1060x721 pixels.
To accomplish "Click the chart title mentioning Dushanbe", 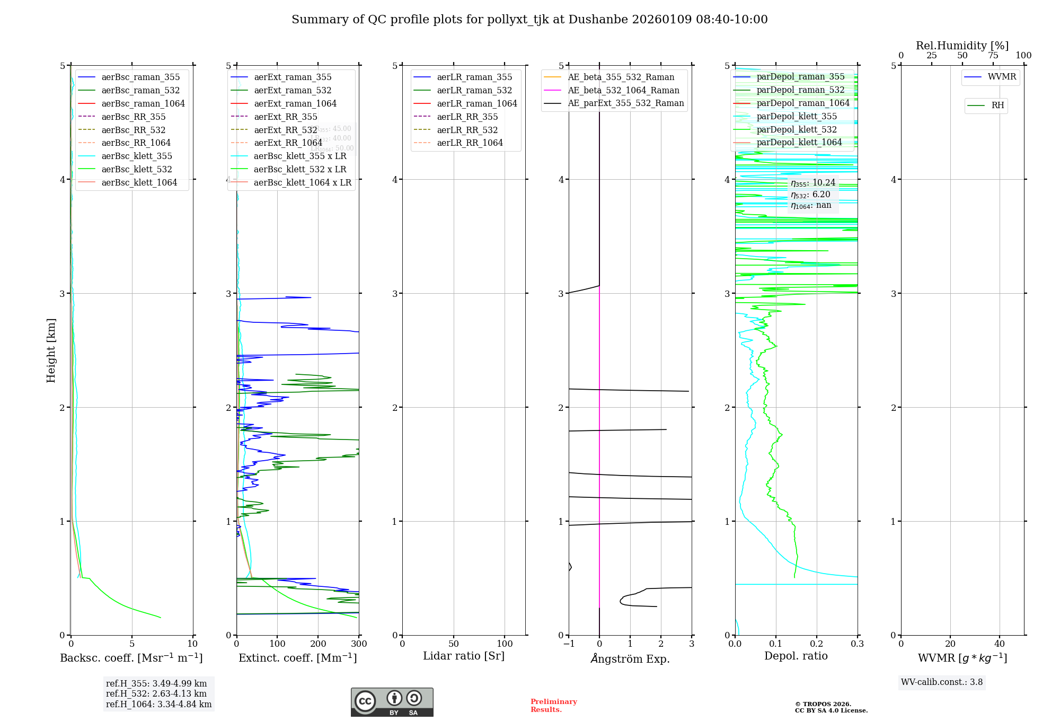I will pyautogui.click(x=529, y=20).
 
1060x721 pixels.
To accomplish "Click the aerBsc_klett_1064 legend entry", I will pyautogui.click(x=139, y=182).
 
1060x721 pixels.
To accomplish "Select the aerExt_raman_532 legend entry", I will pyautogui.click(x=293, y=90).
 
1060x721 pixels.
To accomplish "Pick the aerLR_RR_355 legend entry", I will pyautogui.click(x=467, y=117).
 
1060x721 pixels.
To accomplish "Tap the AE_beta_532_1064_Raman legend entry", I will pyautogui.click(x=623, y=90).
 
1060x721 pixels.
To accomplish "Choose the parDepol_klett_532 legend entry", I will pyautogui.click(x=796, y=129).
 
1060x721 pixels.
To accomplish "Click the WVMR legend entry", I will pyautogui.click(x=1002, y=77).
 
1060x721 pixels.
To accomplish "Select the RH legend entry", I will pyautogui.click(x=997, y=105).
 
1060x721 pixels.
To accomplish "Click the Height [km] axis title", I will pyautogui.click(x=51, y=350).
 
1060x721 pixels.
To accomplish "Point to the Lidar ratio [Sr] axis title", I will pyautogui.click(x=464, y=656).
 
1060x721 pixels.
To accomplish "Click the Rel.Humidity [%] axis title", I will pyautogui.click(x=962, y=46).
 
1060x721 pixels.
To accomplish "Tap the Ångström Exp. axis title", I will pyautogui.click(x=630, y=658).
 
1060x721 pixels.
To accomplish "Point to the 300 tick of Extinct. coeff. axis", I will pyautogui.click(x=359, y=644).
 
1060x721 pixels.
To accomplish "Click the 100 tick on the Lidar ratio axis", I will pyautogui.click(x=505, y=644).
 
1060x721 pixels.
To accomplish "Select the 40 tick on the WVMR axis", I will pyautogui.click(x=1000, y=644).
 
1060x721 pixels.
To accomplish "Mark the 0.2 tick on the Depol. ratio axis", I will pyautogui.click(x=817, y=644).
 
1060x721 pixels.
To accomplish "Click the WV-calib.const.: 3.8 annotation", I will pyautogui.click(x=941, y=682).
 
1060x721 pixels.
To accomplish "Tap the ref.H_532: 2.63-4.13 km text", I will pyautogui.click(x=156, y=693).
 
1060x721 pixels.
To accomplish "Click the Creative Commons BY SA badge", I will pyautogui.click(x=392, y=702).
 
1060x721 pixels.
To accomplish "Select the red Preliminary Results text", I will pyautogui.click(x=553, y=706).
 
